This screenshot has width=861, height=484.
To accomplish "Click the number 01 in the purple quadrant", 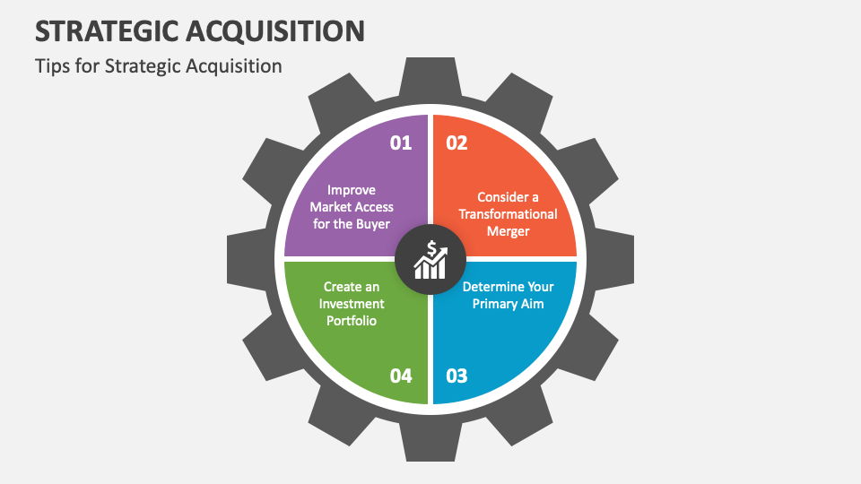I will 400,143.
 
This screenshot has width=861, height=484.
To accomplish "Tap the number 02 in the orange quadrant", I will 457,143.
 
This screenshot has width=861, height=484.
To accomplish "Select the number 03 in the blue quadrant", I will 457,375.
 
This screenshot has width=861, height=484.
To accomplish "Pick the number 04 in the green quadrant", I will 400,375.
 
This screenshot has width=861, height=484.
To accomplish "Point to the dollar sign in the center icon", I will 431,248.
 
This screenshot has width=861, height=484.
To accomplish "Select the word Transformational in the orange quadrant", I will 509,214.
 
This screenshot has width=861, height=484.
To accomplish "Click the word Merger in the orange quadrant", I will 509,231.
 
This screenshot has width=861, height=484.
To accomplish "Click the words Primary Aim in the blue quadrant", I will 509,304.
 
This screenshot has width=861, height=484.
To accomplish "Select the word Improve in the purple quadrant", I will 352,190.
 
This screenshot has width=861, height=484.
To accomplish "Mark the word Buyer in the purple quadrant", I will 374,224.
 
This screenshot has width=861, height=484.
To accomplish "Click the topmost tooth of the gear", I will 430,76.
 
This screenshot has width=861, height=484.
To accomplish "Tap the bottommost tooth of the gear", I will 430,444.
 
